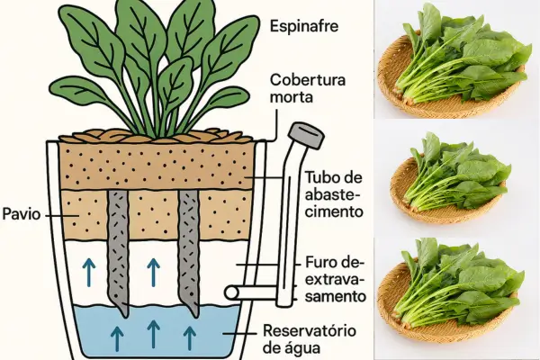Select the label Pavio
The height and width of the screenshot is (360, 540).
click(21, 216)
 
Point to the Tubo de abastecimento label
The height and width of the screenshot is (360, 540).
click(334, 193)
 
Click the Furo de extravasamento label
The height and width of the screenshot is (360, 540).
click(330, 279)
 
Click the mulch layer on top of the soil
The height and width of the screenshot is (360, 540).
click(157, 136)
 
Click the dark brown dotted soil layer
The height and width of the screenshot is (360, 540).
click(157, 166)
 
